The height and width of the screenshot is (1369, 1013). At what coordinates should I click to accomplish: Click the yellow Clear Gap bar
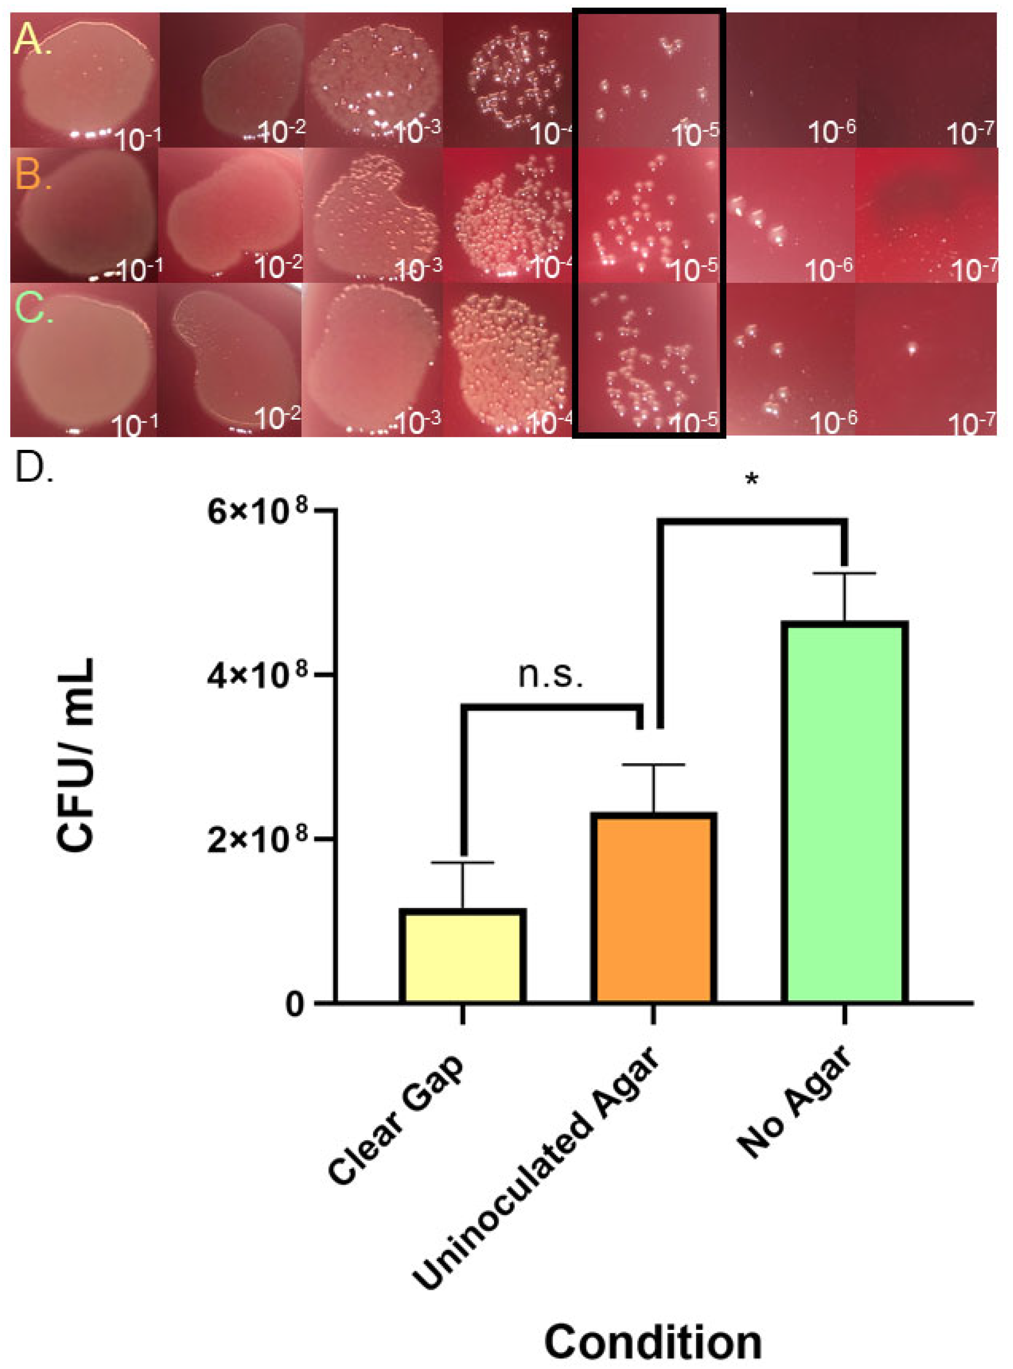[x=462, y=957]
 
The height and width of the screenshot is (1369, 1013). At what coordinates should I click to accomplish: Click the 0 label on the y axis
[x=296, y=1004]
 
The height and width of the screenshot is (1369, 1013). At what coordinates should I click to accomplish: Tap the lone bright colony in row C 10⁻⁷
[x=912, y=349]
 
